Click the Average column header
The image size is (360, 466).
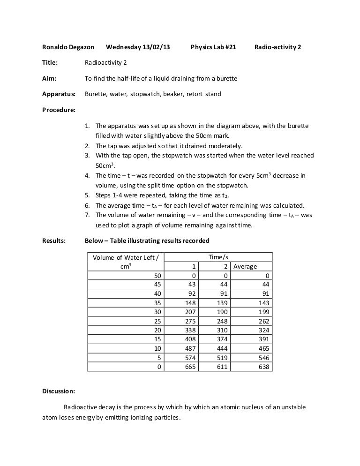[x=245, y=266]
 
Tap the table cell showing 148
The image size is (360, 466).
[x=188, y=303]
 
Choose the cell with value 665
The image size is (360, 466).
[x=188, y=367]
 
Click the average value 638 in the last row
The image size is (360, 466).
[x=263, y=367]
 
